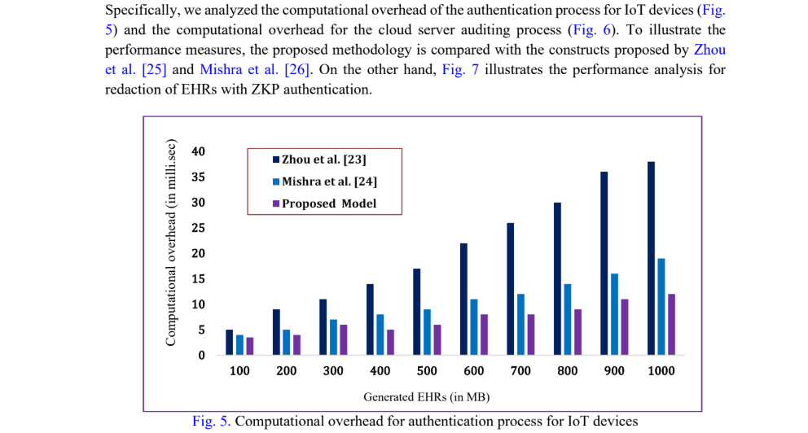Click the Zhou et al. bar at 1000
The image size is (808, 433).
pos(651,258)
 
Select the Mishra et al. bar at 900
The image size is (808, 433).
pos(614,314)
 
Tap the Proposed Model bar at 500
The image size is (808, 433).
pos(437,339)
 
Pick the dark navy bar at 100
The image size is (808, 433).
pos(230,342)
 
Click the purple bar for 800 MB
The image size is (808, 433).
pos(577,332)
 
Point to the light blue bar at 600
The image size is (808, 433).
pos(473,327)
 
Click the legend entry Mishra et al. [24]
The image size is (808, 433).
pos(324,181)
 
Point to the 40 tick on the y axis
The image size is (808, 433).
pos(198,151)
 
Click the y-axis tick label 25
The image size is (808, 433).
pos(198,228)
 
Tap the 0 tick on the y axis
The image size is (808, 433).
pos(201,355)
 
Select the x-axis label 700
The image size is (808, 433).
pos(520,371)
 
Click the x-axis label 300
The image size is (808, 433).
pos(333,371)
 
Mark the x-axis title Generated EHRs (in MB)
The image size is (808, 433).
pos(426,397)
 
